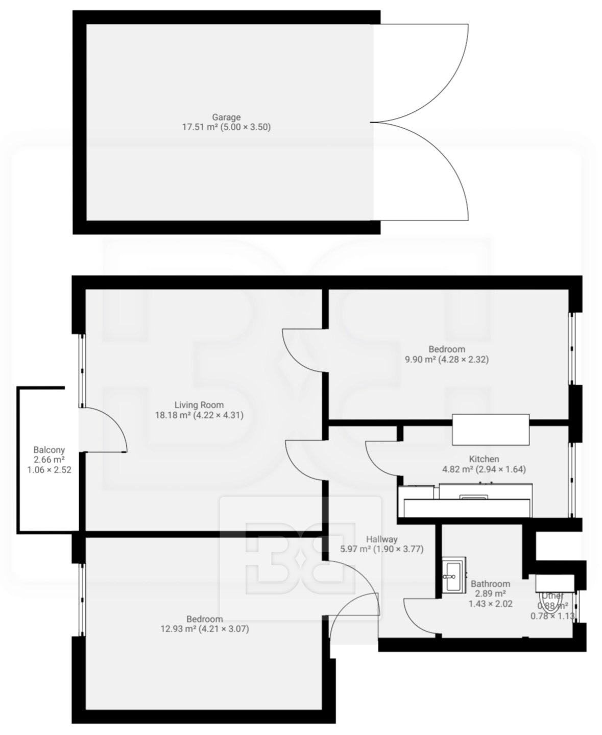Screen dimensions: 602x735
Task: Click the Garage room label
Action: (x=226, y=117)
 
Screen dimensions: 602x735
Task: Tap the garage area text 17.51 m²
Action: (x=198, y=127)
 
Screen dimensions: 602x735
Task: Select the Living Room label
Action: (x=199, y=405)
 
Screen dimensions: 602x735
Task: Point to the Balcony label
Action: (x=49, y=451)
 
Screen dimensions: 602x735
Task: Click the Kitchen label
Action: (x=484, y=459)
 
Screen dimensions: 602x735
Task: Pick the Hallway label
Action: (x=381, y=539)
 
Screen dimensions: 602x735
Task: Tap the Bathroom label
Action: (x=490, y=584)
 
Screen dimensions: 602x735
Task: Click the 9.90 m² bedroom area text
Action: (x=420, y=359)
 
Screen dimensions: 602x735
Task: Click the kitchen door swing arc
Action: (x=374, y=465)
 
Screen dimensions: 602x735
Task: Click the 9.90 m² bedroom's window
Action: (x=572, y=348)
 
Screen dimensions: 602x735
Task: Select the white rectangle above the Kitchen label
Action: (x=491, y=430)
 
